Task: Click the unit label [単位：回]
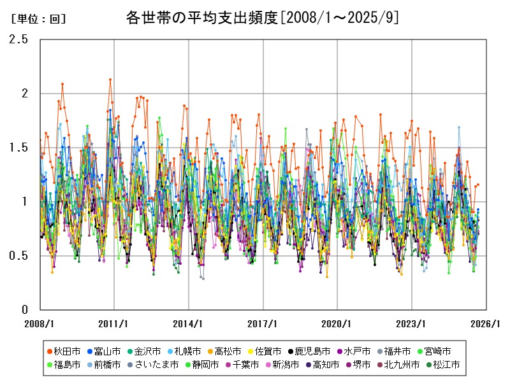[39, 18]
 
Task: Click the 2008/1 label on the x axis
[40, 323]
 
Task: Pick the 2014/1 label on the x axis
[189, 323]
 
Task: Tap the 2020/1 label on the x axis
[338, 323]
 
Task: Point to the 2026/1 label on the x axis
[486, 323]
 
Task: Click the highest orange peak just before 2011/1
[110, 80]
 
